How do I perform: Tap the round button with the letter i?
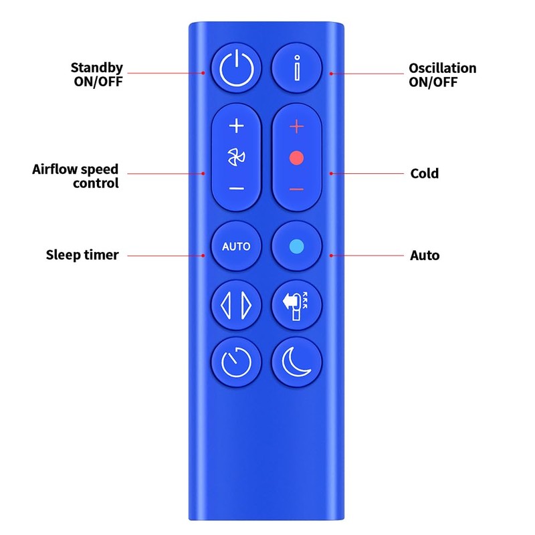(x=297, y=68)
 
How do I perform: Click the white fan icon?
(x=237, y=158)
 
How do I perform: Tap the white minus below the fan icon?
(x=237, y=189)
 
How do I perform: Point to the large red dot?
(x=297, y=158)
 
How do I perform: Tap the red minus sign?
(x=297, y=189)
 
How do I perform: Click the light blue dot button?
(x=297, y=246)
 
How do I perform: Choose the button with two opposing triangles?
(x=237, y=305)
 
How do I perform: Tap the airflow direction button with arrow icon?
(x=297, y=305)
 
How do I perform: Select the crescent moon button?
(x=297, y=362)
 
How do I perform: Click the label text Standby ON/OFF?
(x=97, y=75)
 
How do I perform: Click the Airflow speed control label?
(x=76, y=176)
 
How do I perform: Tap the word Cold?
(x=424, y=174)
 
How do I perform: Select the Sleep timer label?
(x=82, y=255)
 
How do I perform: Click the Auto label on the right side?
(x=424, y=255)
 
